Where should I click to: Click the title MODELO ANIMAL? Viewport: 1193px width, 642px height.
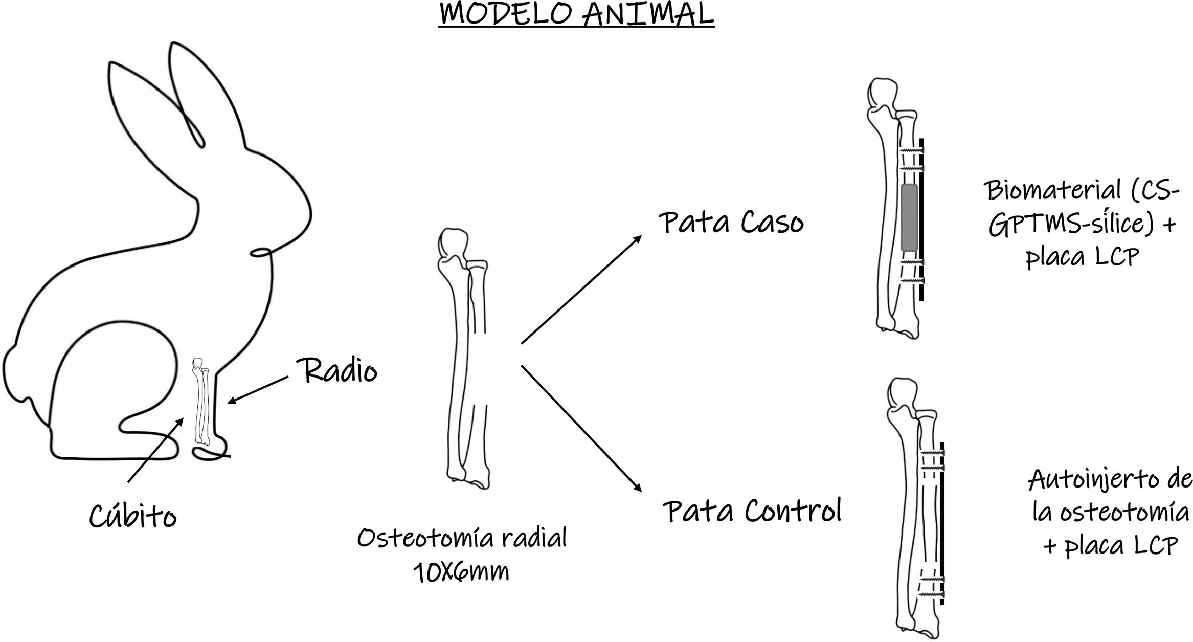click(x=576, y=14)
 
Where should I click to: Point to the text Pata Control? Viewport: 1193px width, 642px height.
click(x=752, y=511)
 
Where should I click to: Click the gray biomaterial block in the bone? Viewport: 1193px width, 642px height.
click(x=909, y=217)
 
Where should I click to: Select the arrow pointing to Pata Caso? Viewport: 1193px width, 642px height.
click(x=581, y=290)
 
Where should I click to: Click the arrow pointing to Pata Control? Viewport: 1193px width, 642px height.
click(x=581, y=429)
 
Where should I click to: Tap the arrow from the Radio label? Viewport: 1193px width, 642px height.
click(x=258, y=390)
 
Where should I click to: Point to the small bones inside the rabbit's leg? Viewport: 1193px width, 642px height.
click(x=201, y=402)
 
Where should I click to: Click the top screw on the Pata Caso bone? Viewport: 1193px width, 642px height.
click(x=912, y=150)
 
